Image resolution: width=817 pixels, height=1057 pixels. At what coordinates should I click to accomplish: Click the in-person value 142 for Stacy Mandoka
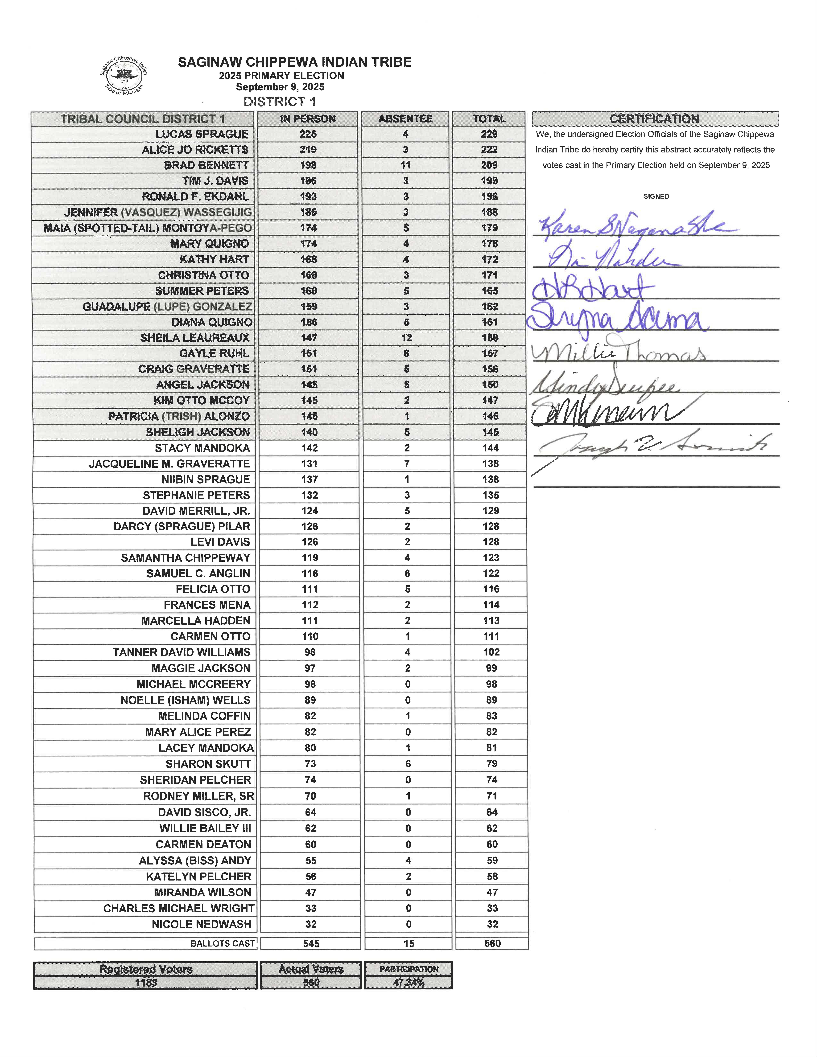click(309, 448)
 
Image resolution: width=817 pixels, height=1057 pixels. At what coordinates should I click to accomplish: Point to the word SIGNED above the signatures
click(656, 197)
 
